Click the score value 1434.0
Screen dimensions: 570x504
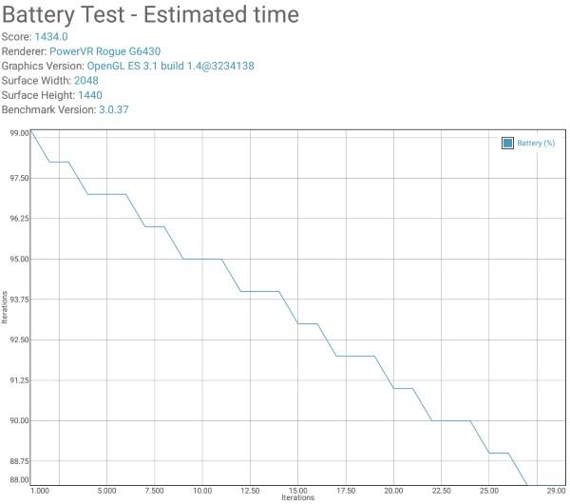(x=51, y=37)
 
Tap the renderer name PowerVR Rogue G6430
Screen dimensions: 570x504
(x=105, y=51)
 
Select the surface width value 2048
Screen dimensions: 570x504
(x=86, y=81)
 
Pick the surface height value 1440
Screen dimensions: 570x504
(x=90, y=95)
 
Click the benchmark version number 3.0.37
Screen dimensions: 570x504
(x=114, y=109)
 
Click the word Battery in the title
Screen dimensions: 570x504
(x=38, y=15)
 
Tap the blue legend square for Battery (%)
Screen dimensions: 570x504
(x=507, y=143)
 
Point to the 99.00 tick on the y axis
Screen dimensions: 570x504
(x=19, y=133)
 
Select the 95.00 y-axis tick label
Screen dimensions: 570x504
(x=19, y=259)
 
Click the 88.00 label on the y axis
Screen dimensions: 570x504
(x=19, y=479)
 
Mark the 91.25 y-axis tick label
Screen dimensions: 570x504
(x=19, y=380)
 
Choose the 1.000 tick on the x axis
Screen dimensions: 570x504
(x=40, y=491)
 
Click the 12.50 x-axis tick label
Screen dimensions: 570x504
(x=250, y=491)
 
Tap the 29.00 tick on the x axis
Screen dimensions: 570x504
(x=556, y=491)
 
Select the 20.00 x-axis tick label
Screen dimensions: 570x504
(x=393, y=491)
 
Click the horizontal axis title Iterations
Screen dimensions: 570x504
(x=297, y=497)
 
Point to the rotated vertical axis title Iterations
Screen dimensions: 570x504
(x=5, y=307)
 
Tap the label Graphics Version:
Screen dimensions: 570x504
(x=43, y=66)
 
